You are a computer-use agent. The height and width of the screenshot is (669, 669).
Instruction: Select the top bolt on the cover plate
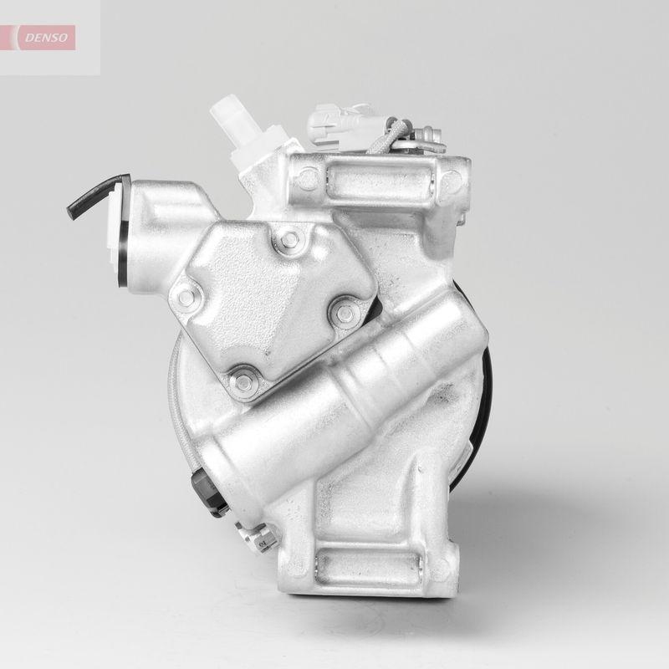tap(289, 240)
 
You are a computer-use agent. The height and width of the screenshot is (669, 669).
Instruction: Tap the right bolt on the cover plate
tap(343, 314)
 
